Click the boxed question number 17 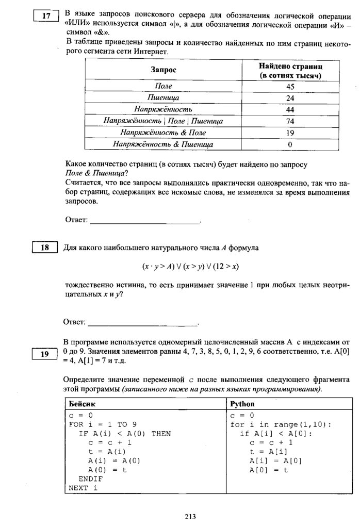click(45, 15)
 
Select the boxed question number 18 click(45, 248)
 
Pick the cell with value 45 click(290, 86)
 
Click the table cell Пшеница click(163, 97)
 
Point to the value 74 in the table click(290, 121)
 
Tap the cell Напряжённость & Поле click(163, 133)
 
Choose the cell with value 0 click(290, 144)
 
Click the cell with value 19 click(290, 133)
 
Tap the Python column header click(242, 404)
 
